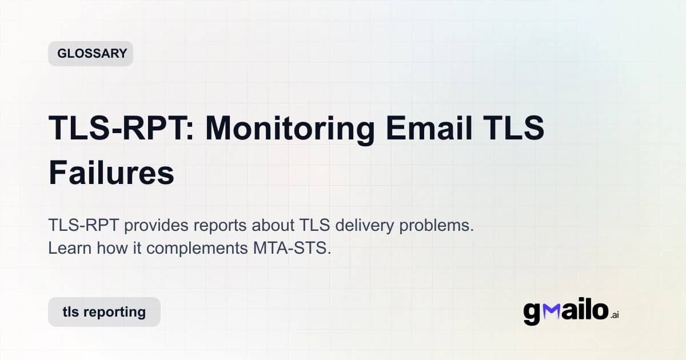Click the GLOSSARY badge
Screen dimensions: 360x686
[91, 54]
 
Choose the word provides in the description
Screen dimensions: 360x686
[155, 225]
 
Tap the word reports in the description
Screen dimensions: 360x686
[220, 225]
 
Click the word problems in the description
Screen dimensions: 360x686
[437, 225]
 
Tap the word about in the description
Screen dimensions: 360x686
[270, 225]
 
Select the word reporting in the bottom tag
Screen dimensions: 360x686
[114, 312]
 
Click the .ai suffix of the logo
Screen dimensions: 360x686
[615, 315]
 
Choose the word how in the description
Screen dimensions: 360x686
[106, 249]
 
